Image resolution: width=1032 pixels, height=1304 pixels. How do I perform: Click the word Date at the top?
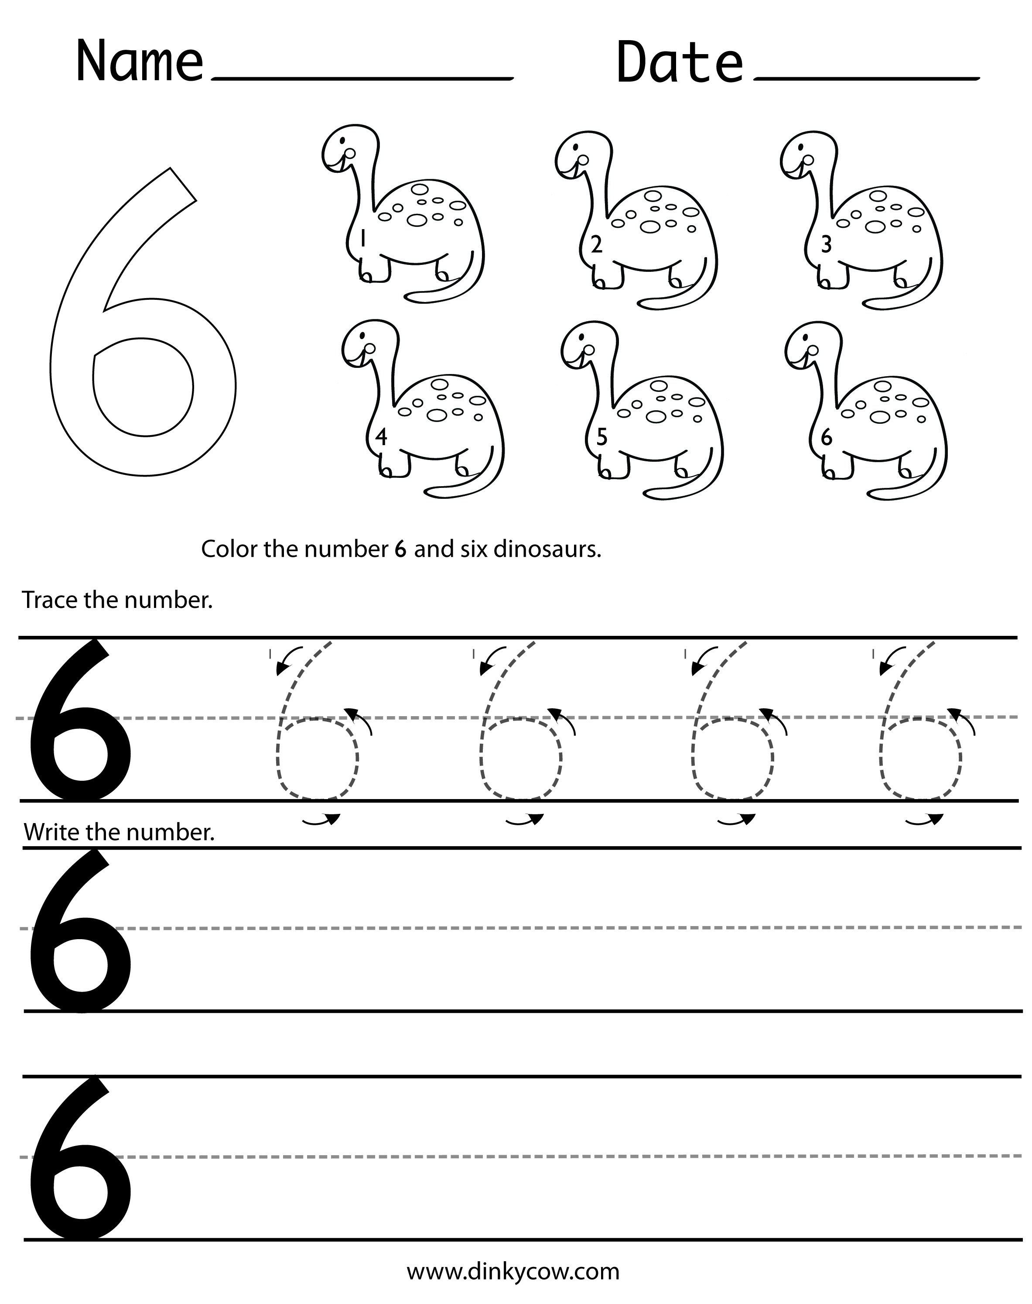point(679,62)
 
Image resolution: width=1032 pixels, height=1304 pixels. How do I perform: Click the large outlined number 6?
point(143,326)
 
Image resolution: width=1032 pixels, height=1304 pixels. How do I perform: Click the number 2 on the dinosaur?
point(596,245)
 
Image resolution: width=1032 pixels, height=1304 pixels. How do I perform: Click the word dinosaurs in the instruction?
point(547,549)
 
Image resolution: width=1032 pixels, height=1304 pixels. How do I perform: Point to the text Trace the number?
point(117,601)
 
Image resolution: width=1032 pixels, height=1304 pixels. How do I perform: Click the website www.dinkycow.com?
point(513,1271)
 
